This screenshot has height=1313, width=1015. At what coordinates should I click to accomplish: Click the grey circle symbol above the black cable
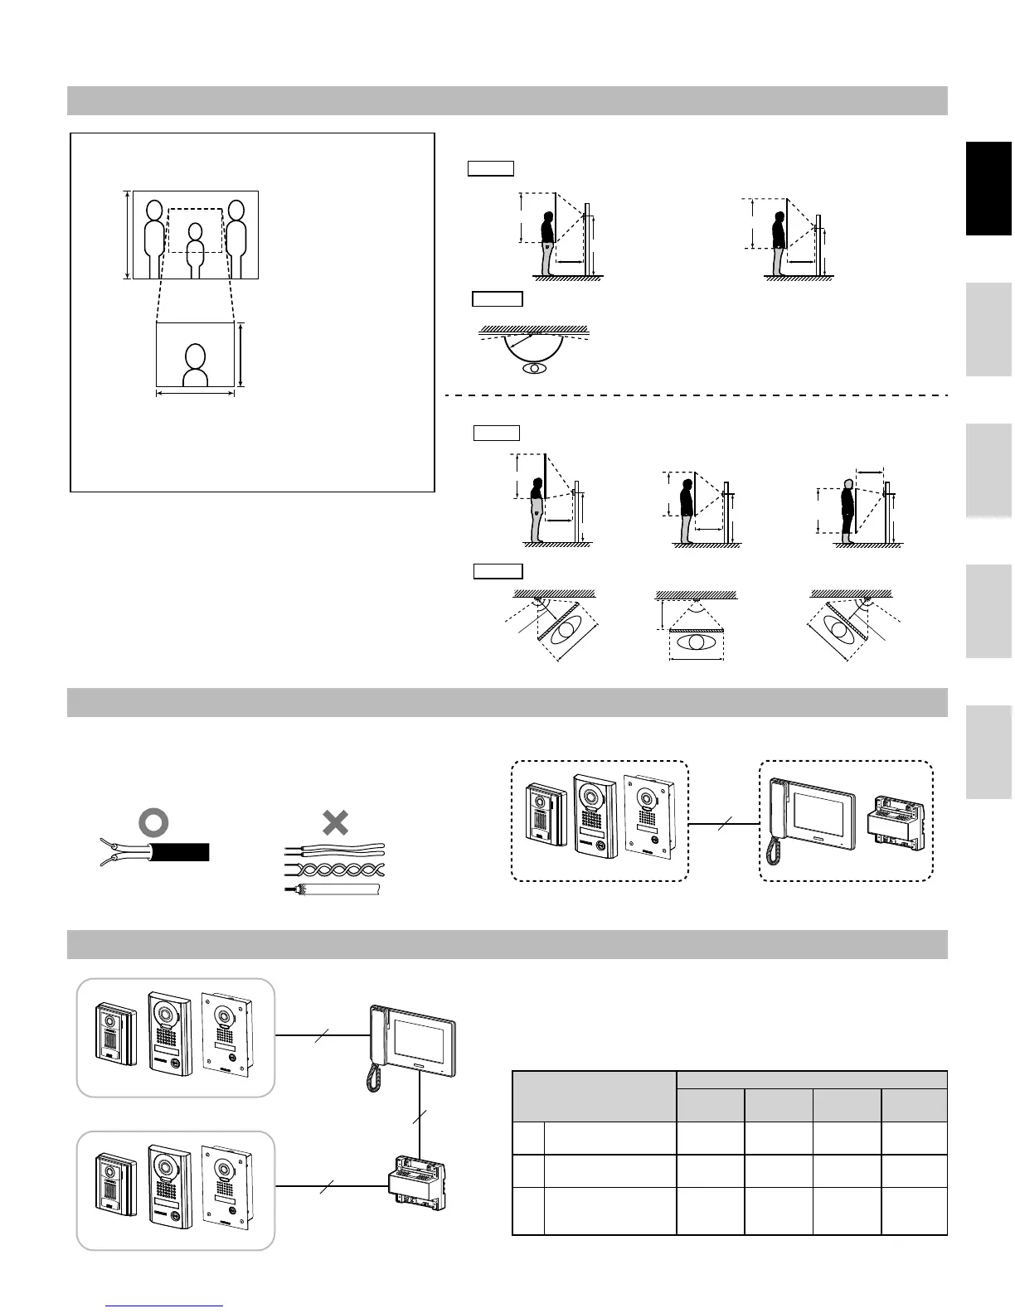(x=155, y=822)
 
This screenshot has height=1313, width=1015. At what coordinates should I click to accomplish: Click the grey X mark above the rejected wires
(x=335, y=822)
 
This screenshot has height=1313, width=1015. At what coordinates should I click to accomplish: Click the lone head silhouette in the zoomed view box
(x=195, y=366)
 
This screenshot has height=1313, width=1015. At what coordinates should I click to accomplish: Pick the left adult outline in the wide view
(x=155, y=239)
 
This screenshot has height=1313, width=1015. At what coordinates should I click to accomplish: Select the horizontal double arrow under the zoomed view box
(x=195, y=394)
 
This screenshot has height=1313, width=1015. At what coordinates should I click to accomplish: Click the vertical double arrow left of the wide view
(x=127, y=235)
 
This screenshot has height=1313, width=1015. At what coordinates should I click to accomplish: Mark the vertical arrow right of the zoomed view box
(x=240, y=356)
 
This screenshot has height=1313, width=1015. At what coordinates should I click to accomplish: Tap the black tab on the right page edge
(x=988, y=189)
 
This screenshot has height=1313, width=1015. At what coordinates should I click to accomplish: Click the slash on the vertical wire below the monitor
(x=420, y=1117)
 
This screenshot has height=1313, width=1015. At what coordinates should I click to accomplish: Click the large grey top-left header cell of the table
(x=595, y=1096)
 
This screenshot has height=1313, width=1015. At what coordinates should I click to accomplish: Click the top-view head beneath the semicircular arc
(x=535, y=368)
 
